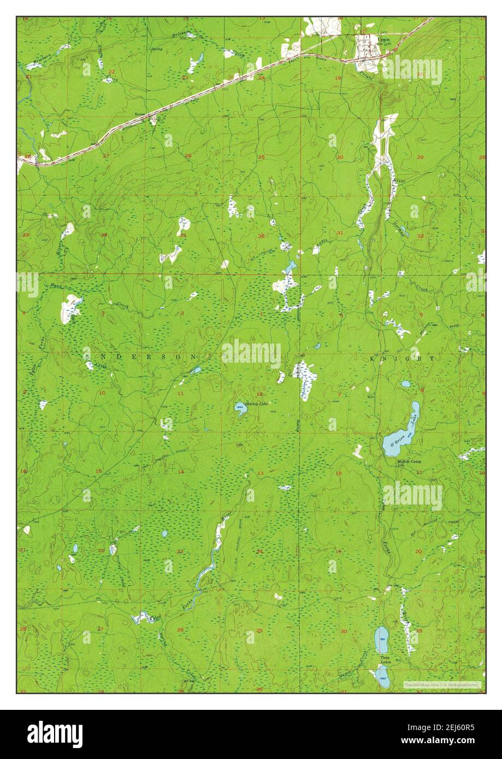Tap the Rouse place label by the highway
pyautogui.click(x=141, y=115)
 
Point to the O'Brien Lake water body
pyautogui.click(x=401, y=434)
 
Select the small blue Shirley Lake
pyautogui.click(x=240, y=407)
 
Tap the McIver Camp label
pyautogui.click(x=409, y=461)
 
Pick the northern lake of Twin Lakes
pyautogui.click(x=381, y=639)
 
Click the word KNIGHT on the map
pyautogui.click(x=401, y=359)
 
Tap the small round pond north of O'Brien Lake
pyautogui.click(x=405, y=384)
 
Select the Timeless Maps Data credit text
pyautogui.click(x=442, y=684)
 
